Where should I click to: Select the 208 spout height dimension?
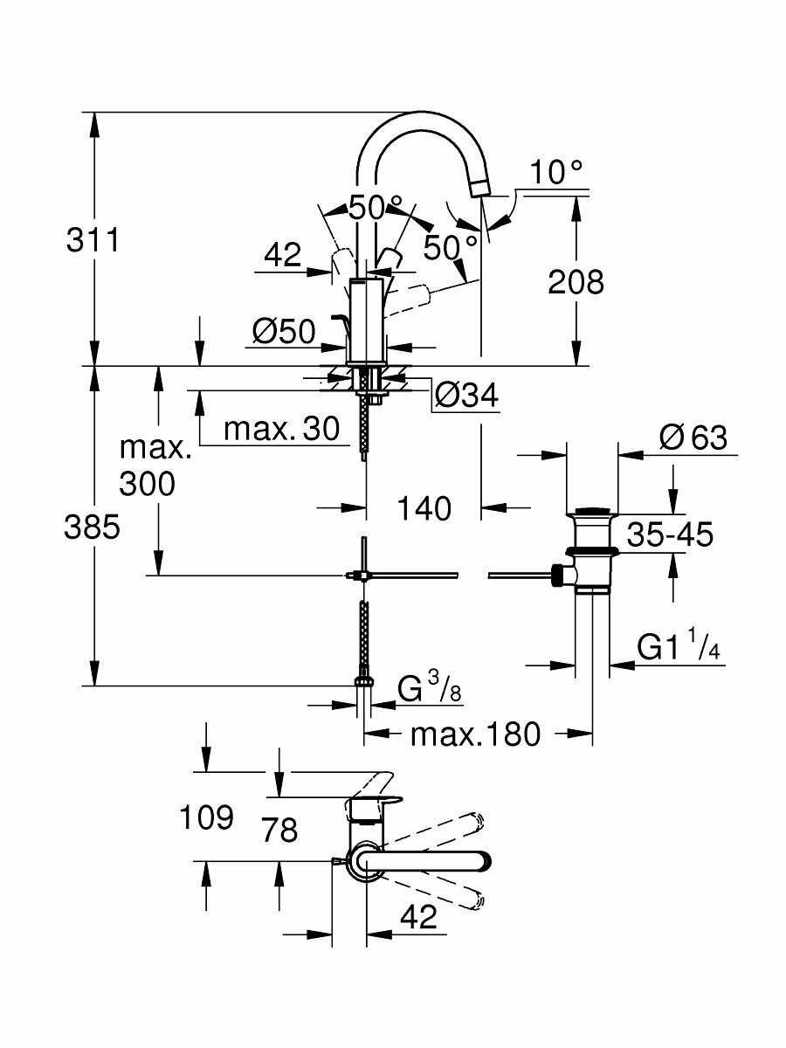(575, 281)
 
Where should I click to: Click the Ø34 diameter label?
(465, 396)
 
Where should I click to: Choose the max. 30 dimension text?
(280, 429)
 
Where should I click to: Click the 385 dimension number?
(93, 527)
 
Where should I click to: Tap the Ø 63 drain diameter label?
(693, 437)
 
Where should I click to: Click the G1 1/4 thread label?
(678, 648)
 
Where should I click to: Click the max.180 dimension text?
(475, 734)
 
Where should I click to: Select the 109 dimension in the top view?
(206, 818)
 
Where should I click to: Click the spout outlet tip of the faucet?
(481, 185)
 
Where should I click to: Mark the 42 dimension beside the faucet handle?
(282, 255)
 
